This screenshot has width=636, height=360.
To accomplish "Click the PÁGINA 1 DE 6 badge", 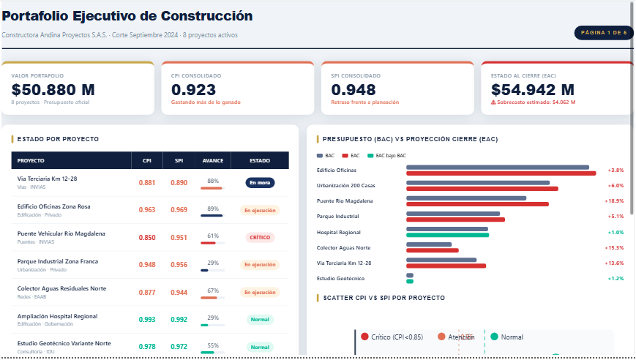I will pos(603,33).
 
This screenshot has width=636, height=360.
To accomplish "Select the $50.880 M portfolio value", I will pos(53,90).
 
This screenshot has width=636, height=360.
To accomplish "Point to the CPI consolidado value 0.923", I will pos(193,90).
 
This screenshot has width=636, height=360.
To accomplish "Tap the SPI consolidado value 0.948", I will pos(353,90).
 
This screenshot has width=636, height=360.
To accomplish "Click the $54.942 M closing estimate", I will pos(532,90).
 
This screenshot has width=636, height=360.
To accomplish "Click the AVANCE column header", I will pos(212,160).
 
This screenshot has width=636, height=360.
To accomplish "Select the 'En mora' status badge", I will pos(260,183).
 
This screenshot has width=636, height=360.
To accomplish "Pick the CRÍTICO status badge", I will pos(260,237).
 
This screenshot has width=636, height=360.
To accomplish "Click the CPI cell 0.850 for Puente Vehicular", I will pos(147,237).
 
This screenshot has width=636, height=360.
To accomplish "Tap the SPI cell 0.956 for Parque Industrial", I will pos(179,265).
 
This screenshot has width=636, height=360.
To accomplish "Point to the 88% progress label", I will pos(213,180).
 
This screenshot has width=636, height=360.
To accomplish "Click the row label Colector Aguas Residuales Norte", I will pos(61,288).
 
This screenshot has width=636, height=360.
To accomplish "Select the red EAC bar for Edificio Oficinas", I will pos(501,173).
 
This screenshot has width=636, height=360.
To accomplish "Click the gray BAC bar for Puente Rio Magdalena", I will pos(465,198).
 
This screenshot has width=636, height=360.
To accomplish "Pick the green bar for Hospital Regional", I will pos(446,235).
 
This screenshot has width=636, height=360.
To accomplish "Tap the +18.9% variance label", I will pos(613,200).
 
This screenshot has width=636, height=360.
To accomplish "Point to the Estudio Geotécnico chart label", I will pos(340,278).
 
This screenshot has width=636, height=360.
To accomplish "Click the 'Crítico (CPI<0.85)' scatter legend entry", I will pos(392,337).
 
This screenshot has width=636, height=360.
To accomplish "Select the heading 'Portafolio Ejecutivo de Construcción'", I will pos(127,16).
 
